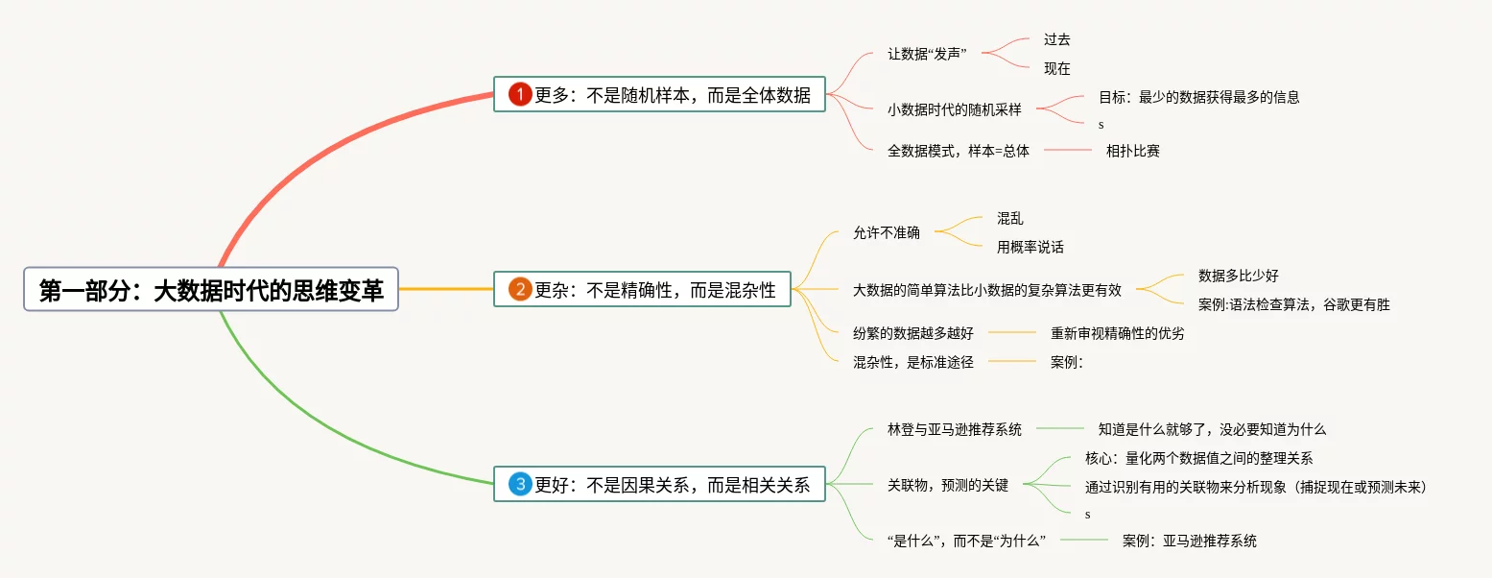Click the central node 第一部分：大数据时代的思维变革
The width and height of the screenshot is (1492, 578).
click(211, 290)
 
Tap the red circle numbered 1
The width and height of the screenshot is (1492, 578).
click(520, 94)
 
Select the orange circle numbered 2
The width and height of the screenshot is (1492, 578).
click(520, 289)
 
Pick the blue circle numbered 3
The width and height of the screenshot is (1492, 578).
click(520, 485)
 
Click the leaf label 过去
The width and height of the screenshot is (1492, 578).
click(1056, 40)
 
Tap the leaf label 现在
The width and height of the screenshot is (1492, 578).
click(1056, 69)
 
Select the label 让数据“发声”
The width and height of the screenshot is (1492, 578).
click(927, 54)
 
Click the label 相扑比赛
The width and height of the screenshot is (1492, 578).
click(1133, 151)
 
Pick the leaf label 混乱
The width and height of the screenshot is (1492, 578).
click(1010, 219)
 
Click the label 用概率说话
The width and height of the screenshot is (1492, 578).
click(1030, 247)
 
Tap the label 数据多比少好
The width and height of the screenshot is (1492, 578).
click(1239, 276)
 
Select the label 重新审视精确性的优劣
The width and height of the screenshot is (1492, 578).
click(1118, 333)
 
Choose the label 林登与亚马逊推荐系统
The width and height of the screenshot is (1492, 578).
click(955, 429)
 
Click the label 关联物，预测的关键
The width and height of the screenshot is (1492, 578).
click(948, 485)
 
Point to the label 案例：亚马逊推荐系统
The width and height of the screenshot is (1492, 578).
click(1190, 541)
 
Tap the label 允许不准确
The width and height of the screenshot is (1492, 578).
click(887, 232)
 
